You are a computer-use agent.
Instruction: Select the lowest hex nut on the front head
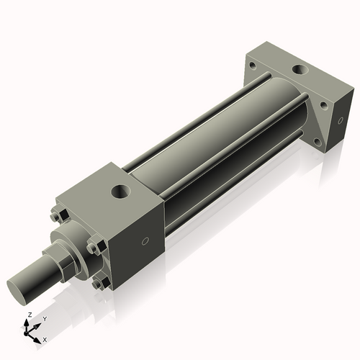(97, 283)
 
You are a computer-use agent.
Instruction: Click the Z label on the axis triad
(30, 315)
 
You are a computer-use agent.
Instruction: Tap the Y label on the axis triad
(44, 318)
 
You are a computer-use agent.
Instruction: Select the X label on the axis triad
(45, 338)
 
